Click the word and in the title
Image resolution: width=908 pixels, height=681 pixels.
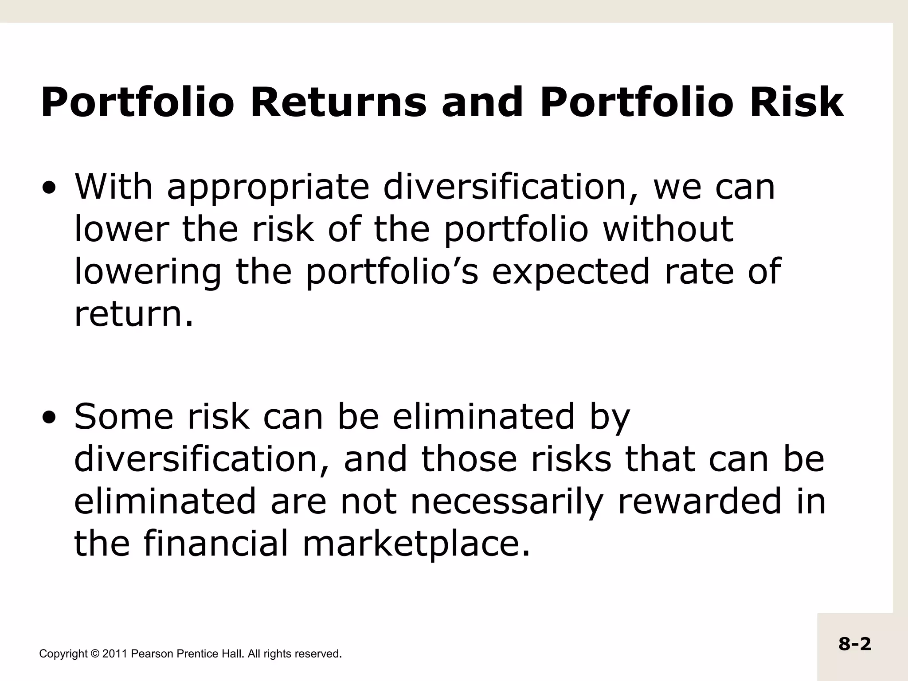click(482, 103)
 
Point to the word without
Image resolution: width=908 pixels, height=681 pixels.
click(668, 229)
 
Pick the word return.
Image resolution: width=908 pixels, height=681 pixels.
click(133, 314)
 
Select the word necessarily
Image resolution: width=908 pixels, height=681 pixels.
click(506, 501)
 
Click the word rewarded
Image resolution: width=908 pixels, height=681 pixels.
click(699, 501)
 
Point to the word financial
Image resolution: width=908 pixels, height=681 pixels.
click(216, 544)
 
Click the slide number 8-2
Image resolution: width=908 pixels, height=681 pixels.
click(854, 644)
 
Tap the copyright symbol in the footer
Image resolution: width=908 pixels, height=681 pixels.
click(95, 654)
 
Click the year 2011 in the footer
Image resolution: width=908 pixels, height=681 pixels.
click(115, 654)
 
